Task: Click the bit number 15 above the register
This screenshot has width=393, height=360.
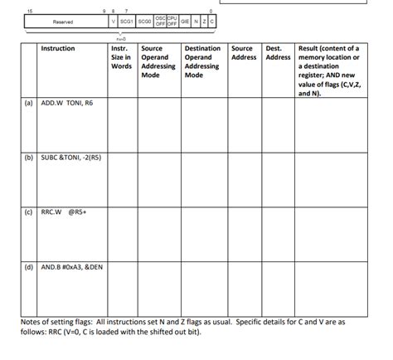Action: coord(30,10)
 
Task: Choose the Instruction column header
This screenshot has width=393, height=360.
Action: coord(57,49)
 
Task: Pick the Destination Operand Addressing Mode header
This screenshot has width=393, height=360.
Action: coord(202,62)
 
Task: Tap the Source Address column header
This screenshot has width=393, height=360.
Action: coord(244,53)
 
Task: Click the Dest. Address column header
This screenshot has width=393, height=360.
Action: coord(278,53)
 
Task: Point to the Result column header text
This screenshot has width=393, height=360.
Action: coord(328,71)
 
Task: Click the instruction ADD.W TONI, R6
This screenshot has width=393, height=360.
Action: coord(67,105)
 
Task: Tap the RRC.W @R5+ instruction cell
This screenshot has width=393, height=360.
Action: coord(64,212)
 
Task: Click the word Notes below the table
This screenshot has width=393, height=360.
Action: coord(31,321)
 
